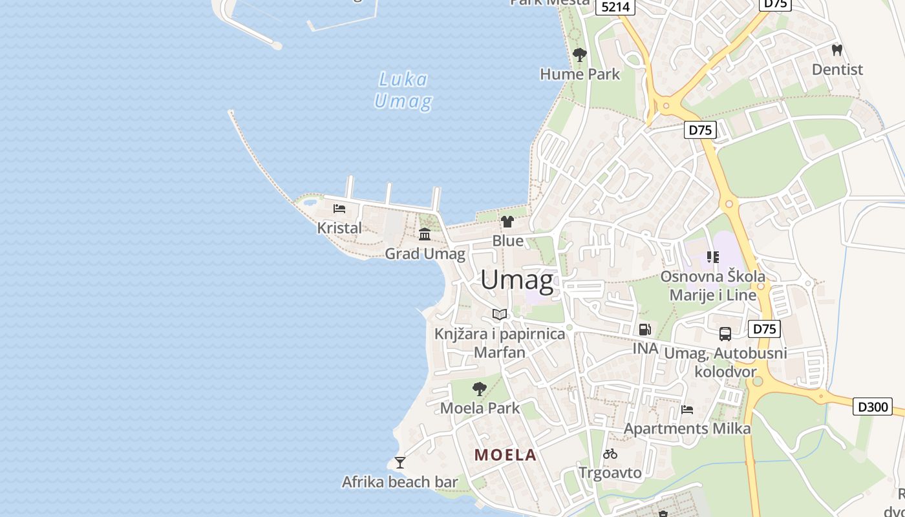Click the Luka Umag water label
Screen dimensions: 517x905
point(403,90)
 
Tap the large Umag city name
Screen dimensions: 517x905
point(517,280)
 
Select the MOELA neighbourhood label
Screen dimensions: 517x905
point(506,455)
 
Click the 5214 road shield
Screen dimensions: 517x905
point(615,6)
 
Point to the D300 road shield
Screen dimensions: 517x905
point(872,406)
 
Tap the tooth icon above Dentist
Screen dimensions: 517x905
point(837,49)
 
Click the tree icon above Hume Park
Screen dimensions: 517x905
point(580,54)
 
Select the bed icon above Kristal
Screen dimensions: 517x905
point(339,209)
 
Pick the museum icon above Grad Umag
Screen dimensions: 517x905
point(425,234)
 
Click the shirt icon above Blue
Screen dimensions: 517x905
point(507,222)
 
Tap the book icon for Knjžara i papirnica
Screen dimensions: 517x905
point(500,315)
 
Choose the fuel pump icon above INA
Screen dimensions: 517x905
point(644,330)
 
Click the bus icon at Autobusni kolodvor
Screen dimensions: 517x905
point(725,334)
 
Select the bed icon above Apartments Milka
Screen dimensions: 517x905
point(687,410)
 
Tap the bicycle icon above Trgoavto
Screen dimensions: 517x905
point(610,454)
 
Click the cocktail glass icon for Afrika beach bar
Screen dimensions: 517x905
point(400,463)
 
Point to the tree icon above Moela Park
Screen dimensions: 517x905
point(479,388)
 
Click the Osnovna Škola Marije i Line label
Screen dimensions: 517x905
point(712,286)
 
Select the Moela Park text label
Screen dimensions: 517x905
point(480,408)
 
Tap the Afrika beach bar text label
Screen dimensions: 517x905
point(399,482)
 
